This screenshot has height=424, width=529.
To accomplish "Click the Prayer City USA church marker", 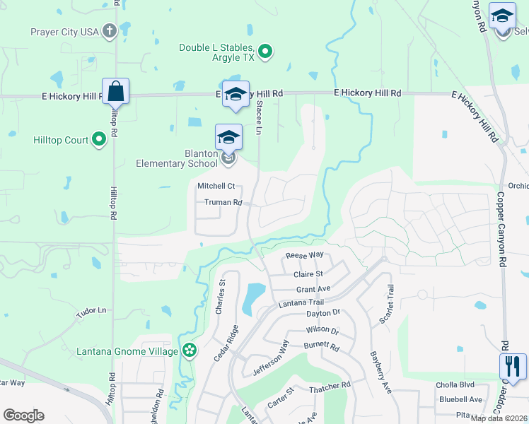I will (x=109, y=31).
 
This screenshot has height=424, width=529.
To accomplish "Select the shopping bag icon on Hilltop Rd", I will (x=115, y=91).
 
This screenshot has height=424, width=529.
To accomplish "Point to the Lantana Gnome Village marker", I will (x=189, y=350).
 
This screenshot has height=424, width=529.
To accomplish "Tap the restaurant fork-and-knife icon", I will (x=511, y=366).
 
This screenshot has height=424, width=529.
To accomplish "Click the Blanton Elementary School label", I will (x=177, y=158).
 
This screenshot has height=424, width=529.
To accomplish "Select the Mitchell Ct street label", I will (x=215, y=187).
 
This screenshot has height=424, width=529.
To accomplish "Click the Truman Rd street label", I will (x=223, y=202).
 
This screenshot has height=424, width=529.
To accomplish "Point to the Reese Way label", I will (x=304, y=255).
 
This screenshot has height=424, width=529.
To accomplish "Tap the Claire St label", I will (x=308, y=274).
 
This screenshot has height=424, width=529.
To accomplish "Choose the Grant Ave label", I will (x=313, y=289).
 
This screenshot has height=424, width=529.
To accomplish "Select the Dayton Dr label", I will (x=323, y=312).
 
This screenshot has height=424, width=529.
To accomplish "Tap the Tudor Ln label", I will (x=91, y=310).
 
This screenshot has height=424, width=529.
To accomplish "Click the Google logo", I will (x=23, y=415).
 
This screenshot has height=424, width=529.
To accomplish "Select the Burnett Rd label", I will (x=322, y=348).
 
